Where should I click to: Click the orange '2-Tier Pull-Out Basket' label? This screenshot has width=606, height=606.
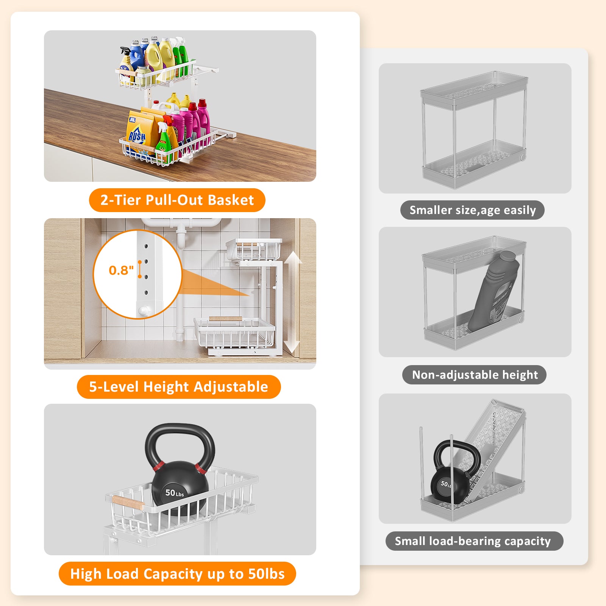[177, 200]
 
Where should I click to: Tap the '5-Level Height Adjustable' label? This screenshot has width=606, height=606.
[179, 387]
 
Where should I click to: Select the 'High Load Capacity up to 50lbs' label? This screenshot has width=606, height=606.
[177, 574]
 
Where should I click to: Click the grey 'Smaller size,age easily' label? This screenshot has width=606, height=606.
[472, 210]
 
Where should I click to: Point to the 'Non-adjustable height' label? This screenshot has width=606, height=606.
[475, 375]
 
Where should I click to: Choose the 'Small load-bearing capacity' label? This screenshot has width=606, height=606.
[474, 541]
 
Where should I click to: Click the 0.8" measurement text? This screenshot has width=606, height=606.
[121, 270]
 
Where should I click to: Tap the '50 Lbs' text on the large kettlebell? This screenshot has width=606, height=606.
[175, 493]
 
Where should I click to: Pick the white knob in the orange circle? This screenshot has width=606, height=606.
[144, 311]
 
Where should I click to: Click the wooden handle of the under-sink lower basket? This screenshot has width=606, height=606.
[226, 319]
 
